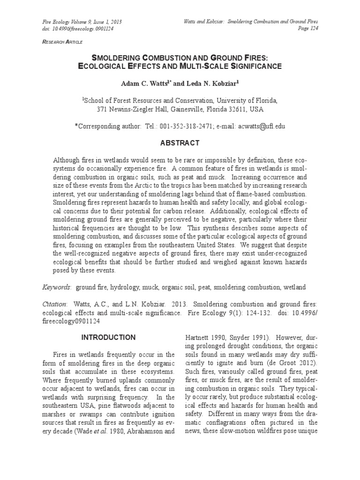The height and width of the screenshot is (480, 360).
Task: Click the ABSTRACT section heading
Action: [x=180, y=143]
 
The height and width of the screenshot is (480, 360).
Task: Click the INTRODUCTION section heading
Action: [x=108, y=337]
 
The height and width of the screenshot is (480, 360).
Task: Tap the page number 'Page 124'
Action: [x=307, y=29]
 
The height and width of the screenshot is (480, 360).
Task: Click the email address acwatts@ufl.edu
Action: [x=261, y=126]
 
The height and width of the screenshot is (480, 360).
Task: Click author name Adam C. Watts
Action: [x=142, y=83]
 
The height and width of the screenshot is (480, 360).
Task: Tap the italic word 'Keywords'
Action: [x=56, y=286]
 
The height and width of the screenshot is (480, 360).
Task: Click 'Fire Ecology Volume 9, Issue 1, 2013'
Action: [x=82, y=22]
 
